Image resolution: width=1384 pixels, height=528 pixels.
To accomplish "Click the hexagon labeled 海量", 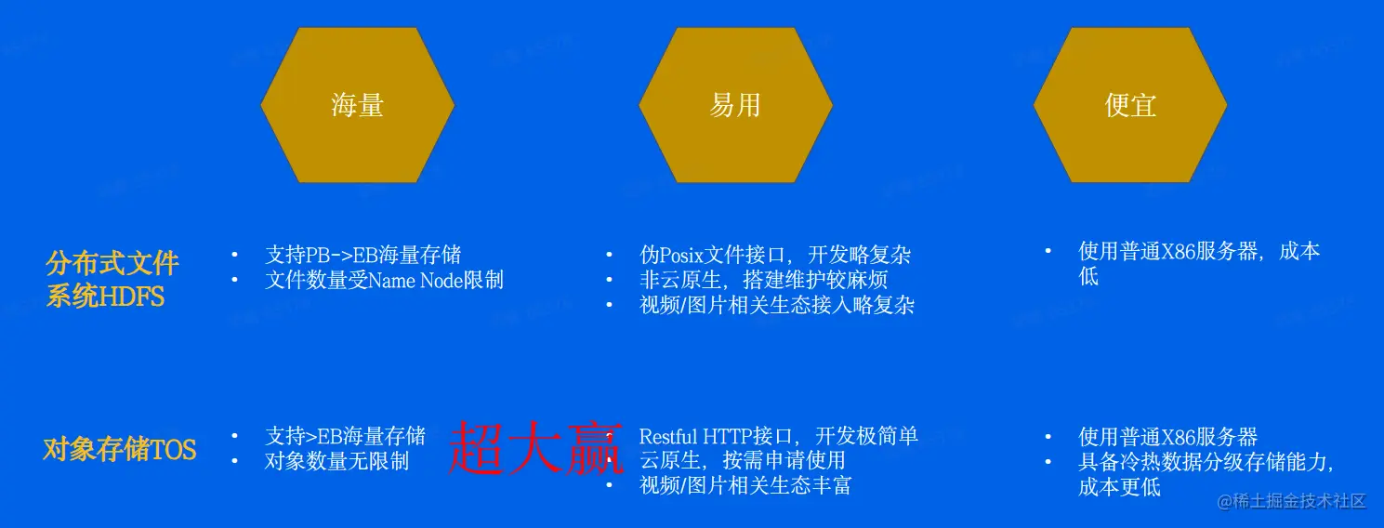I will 358,105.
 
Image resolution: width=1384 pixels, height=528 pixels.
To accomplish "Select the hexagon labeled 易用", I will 735,105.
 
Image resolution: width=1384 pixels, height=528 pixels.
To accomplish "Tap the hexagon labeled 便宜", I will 1130,105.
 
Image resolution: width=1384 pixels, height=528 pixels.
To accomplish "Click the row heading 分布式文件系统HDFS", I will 112,279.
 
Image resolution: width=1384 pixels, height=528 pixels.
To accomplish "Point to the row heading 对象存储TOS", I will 120,450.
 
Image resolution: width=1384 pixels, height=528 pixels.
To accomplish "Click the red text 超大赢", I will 535,448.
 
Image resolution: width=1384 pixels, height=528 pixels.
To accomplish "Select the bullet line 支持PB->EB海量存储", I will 362,255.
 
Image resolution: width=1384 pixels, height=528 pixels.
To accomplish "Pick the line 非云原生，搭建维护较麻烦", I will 763,280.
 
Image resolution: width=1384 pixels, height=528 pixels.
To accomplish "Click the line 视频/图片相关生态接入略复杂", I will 777,305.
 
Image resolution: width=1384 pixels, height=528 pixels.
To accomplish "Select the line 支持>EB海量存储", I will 345,436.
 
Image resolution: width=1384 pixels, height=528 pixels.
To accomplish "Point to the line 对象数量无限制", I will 336,461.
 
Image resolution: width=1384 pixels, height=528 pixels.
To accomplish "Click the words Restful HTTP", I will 688,436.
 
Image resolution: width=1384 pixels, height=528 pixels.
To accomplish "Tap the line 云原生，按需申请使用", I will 742,460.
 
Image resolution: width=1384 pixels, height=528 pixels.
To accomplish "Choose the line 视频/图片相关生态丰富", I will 745,485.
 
